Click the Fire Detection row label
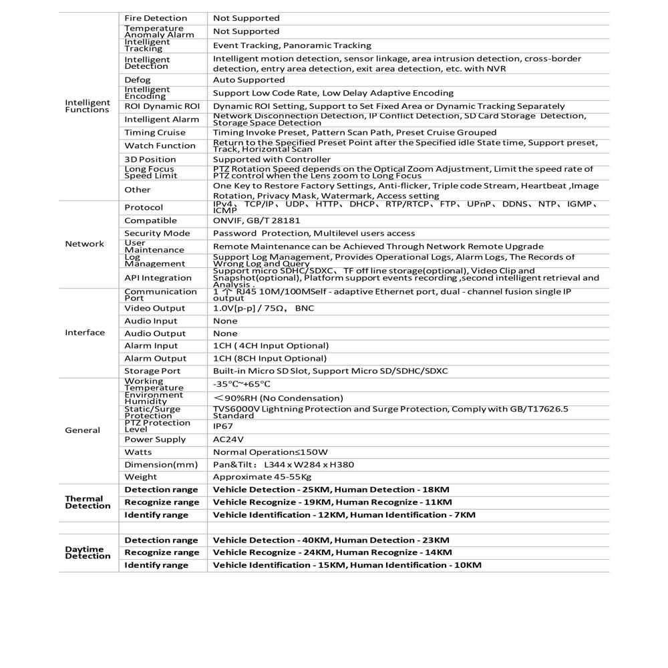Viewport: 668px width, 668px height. (156, 18)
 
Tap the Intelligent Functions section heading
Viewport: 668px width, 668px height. (88, 106)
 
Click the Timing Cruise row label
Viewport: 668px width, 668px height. (155, 132)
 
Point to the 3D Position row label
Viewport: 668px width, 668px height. (150, 160)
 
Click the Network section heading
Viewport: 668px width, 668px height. (84, 244)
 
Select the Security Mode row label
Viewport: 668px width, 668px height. (157, 233)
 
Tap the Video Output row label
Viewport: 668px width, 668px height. (155, 309)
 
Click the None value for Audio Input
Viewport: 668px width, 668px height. (225, 321)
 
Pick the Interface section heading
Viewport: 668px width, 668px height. (85, 333)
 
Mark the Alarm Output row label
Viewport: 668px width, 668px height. (156, 359)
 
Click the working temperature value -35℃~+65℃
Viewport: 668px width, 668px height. (242, 384)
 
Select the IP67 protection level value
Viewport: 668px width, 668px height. (222, 425)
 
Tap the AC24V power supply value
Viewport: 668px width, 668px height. (228, 440)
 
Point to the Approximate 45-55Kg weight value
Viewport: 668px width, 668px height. (263, 477)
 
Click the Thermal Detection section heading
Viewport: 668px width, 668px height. (88, 502)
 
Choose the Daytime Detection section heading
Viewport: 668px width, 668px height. (88, 552)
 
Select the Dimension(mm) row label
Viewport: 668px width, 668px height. (161, 465)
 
